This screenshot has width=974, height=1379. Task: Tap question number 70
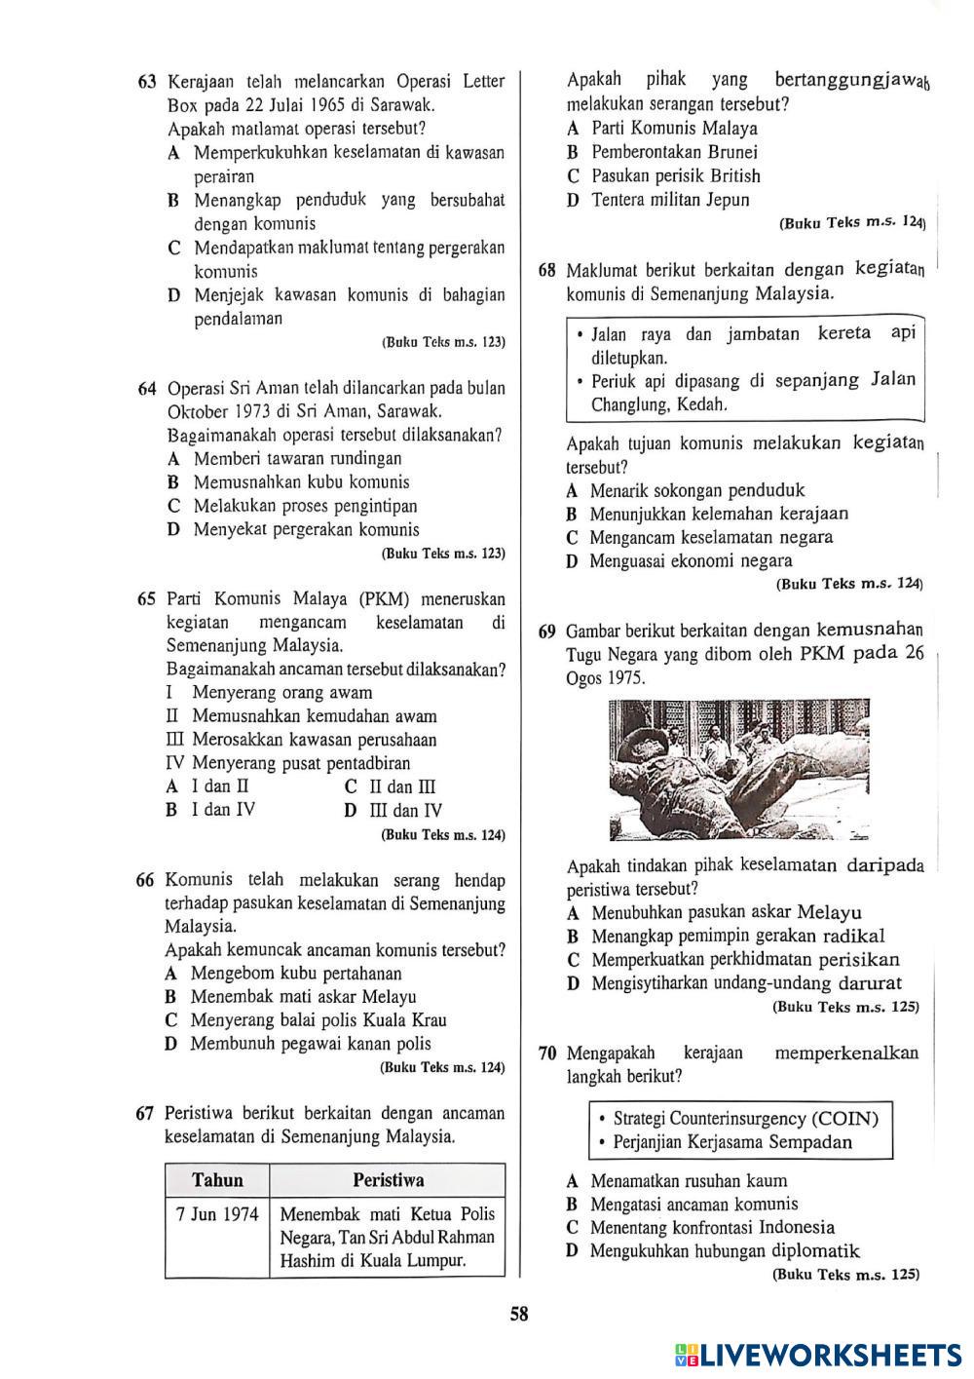click(547, 1053)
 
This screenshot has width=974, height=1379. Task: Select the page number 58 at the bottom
click(519, 1314)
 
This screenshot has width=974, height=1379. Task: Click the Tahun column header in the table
click(217, 1180)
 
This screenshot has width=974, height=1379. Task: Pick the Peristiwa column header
click(388, 1180)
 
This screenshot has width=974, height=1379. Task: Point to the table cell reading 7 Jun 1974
click(217, 1214)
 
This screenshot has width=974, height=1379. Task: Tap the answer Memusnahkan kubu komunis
click(301, 482)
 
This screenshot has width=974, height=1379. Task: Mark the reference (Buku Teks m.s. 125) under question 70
click(845, 1274)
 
